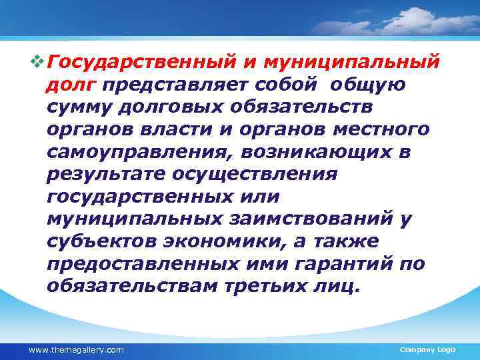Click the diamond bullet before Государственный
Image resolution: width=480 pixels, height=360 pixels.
(37, 63)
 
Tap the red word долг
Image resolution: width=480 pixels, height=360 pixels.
(71, 85)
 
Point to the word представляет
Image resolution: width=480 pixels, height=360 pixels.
(175, 85)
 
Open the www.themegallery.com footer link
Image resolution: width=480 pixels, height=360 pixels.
(75, 350)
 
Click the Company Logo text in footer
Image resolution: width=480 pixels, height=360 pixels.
(427, 350)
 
